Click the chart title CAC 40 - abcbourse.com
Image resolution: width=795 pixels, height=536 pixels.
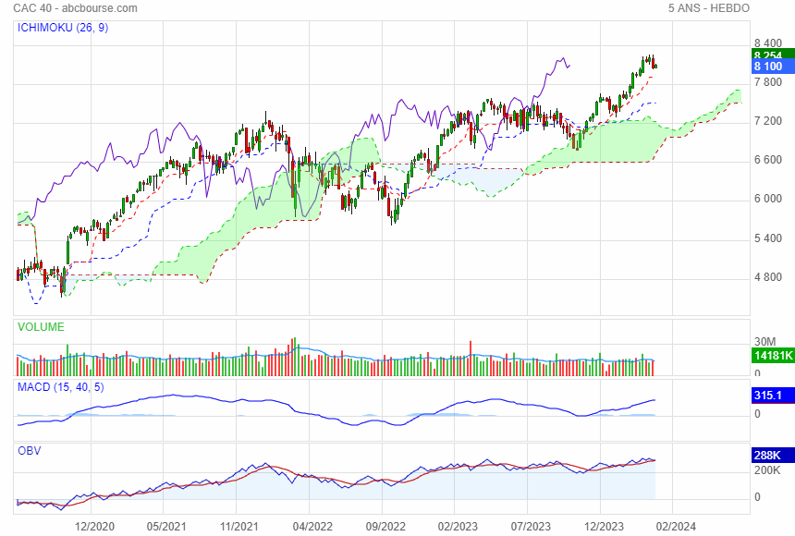pyautogui.click(x=76, y=8)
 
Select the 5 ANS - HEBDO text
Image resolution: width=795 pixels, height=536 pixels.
pyautogui.click(x=708, y=8)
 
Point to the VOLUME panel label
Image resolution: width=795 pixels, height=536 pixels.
pyautogui.click(x=41, y=327)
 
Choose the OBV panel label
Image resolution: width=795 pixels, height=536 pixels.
pyautogui.click(x=30, y=451)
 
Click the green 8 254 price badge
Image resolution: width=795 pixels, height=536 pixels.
pyautogui.click(x=768, y=55)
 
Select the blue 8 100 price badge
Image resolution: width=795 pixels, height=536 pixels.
pyautogui.click(x=768, y=67)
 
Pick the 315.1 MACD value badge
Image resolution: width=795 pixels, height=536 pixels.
pyautogui.click(x=770, y=396)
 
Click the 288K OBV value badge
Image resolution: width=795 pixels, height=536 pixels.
pyautogui.click(x=770, y=456)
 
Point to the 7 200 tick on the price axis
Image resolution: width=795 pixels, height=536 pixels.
pyautogui.click(x=769, y=121)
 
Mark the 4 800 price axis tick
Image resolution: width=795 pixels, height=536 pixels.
pyautogui.click(x=769, y=277)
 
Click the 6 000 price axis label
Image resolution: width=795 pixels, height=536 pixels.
pyautogui.click(x=769, y=200)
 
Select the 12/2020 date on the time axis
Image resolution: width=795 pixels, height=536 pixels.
pyautogui.click(x=93, y=527)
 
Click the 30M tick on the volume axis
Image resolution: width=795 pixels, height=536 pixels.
pyautogui.click(x=764, y=341)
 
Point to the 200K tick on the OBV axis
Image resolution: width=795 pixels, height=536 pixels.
pyautogui.click(x=768, y=470)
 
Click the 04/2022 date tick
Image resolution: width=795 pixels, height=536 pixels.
pyautogui.click(x=312, y=527)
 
